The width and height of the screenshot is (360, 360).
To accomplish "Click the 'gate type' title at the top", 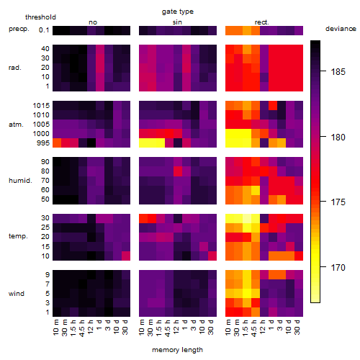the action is coord(178,12).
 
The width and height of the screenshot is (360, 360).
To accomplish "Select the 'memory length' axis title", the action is coord(178,350).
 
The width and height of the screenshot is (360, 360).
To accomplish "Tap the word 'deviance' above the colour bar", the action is coord(341,29).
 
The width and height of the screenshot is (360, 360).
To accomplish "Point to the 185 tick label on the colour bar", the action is coord(338,72).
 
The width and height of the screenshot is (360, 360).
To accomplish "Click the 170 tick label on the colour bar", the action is coord(338,267).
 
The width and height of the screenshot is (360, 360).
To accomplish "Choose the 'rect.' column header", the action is coord(262,22).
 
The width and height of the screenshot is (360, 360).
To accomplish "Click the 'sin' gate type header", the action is coord(177,22).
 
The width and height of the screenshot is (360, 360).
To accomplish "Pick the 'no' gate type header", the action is coord(93,22).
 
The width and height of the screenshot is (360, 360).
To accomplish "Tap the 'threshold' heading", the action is coord(40,17).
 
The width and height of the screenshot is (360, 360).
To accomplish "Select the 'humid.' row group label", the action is coord(20,181).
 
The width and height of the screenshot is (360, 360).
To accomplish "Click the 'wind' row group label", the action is coord(17,294).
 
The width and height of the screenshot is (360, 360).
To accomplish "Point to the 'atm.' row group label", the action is coord(16,125).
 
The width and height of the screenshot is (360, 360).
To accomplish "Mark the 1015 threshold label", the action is coord(41,106).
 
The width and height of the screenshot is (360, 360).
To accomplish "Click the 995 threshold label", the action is coord(43,143).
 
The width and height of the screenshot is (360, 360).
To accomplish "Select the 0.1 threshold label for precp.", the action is coord(44,30).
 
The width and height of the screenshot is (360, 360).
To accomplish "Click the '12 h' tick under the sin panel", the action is coord(176,327).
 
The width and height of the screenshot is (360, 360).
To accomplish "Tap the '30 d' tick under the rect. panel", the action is coord(297,327).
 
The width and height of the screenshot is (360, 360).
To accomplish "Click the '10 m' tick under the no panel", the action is coord(55,328).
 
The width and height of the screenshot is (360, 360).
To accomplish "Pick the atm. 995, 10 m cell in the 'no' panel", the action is coord(57,143).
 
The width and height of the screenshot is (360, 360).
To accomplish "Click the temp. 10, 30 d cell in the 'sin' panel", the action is coord(212,256).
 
